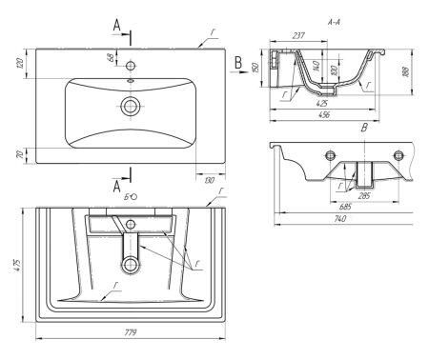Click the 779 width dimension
pos(130,332)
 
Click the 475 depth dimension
pos(17,265)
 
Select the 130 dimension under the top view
pos(210,180)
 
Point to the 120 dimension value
pos(19,64)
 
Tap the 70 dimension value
pos(20,155)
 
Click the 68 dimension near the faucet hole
pos(111,57)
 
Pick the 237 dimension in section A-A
pos(298,35)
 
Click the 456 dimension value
pos(323,114)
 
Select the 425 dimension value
pos(322,104)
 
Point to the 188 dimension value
pos(405,71)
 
